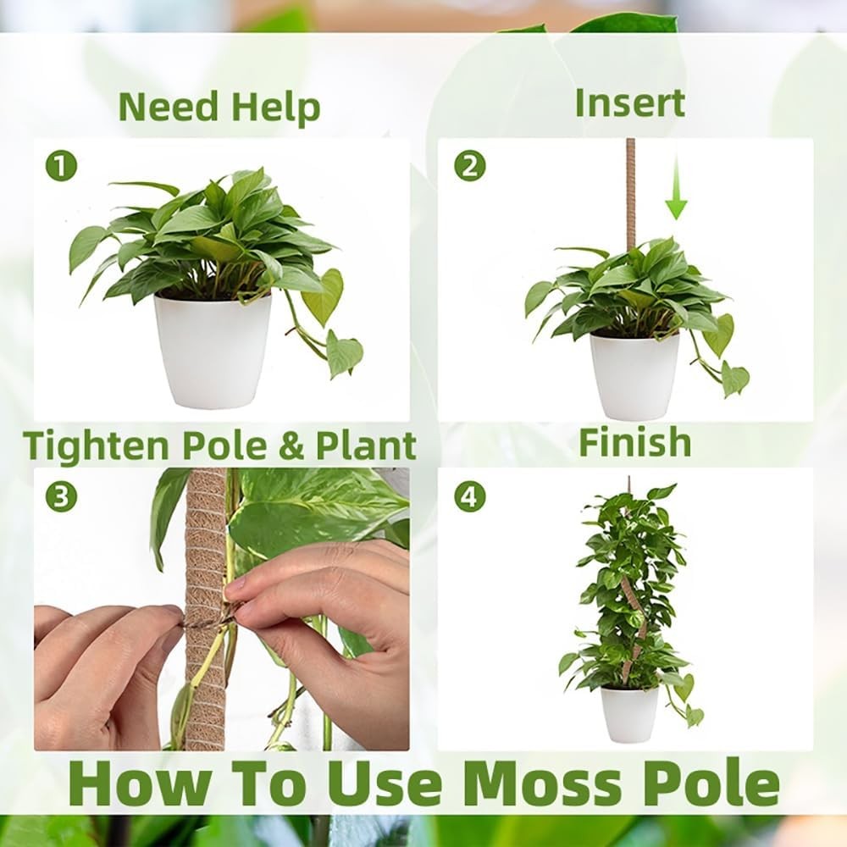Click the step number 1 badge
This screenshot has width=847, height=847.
click(x=61, y=167)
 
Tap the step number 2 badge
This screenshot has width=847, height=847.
click(x=470, y=167)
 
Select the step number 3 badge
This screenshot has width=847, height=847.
click(x=61, y=496)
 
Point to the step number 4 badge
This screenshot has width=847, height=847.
click(x=470, y=496)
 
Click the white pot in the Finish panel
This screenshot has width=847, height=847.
click(x=629, y=714)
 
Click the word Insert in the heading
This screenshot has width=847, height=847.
click(x=629, y=102)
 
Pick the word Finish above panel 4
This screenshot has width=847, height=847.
click(x=634, y=442)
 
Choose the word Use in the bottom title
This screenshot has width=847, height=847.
click(x=386, y=784)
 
